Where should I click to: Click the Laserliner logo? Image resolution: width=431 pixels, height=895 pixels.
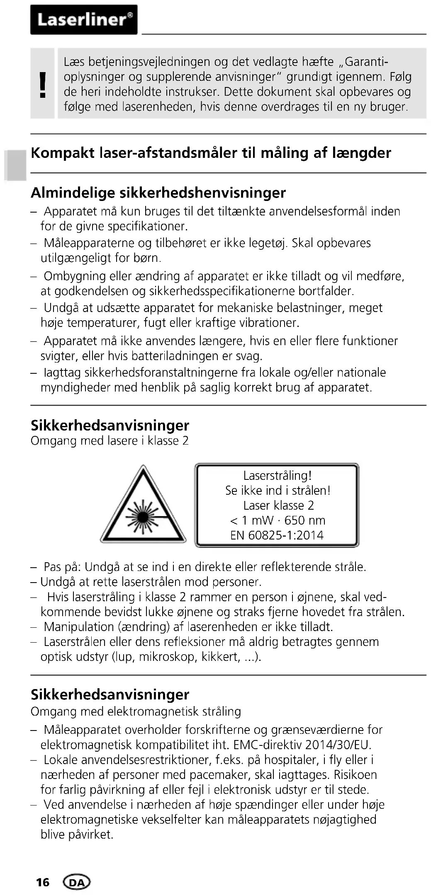83,19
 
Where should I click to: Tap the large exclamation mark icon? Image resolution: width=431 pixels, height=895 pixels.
42,84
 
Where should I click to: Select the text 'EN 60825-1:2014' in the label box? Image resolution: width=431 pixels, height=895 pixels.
277,535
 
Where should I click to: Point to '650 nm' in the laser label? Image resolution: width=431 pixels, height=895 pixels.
305,520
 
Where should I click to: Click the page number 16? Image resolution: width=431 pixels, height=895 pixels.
42,882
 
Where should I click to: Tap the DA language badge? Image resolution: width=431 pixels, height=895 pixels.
77,882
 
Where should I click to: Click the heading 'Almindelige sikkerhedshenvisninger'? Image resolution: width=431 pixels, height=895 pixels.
158,193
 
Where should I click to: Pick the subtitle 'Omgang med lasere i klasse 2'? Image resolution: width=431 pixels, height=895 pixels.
110,440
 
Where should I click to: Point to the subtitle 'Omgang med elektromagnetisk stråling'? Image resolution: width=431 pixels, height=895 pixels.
136,711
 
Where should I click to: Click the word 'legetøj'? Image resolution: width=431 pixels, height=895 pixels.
268,243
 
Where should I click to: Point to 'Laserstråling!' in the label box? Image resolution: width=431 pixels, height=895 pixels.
277,475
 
